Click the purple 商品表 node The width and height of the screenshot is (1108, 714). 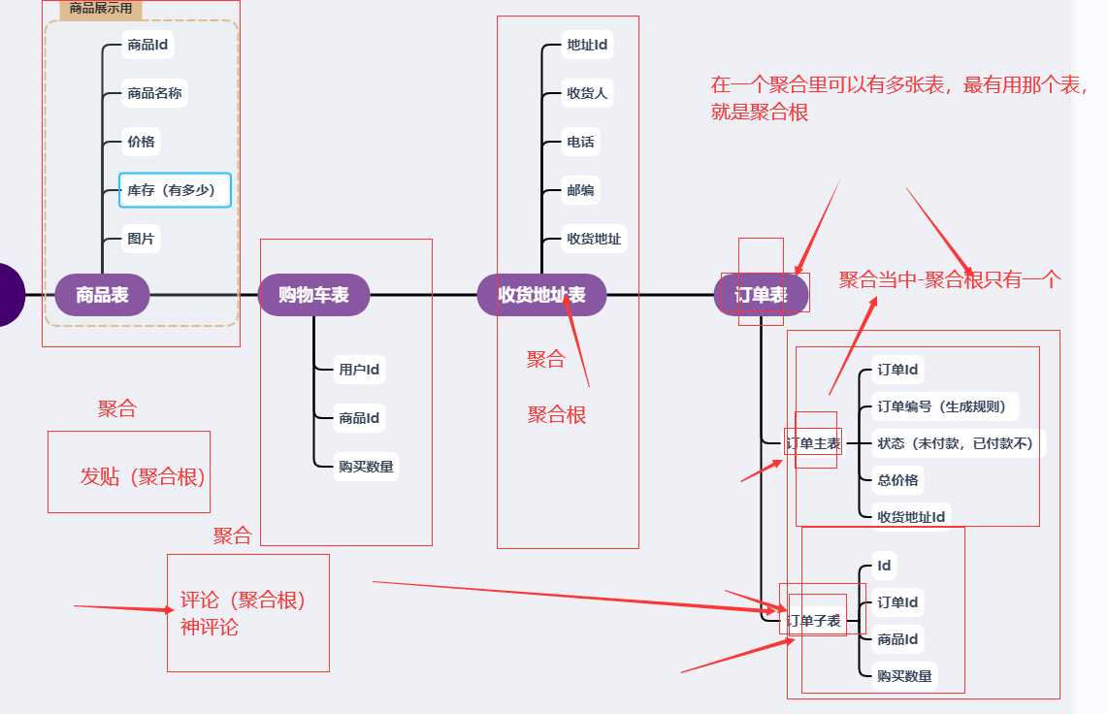tap(102, 295)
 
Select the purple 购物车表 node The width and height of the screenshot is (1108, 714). tap(313, 295)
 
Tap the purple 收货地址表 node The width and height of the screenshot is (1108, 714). tap(541, 295)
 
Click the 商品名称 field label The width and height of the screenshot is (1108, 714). tap(154, 94)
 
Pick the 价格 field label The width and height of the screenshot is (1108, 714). tap(141, 143)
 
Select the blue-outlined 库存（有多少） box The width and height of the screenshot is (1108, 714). tap(175, 190)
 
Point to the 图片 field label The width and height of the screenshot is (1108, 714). tap(141, 239)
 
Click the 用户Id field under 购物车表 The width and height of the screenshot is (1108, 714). tap(358, 370)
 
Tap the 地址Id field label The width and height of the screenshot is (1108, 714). tap(587, 45)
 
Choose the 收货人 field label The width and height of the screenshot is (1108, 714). tap(587, 94)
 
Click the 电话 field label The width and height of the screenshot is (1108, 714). tap(580, 143)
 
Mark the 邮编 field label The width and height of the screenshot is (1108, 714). tap(580, 190)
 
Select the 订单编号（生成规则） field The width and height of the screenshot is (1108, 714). tap(941, 406)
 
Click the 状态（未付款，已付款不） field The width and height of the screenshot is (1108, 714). tap(955, 443)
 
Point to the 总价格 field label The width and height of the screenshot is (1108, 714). tap(897, 480)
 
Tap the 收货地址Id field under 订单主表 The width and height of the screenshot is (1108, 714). tap(911, 517)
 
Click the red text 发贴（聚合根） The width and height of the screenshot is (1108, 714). tap(143, 476)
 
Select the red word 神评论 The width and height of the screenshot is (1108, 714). tap(210, 627)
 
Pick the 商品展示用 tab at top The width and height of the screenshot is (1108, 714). tap(101, 9)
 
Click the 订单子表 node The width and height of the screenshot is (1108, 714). tap(813, 621)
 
